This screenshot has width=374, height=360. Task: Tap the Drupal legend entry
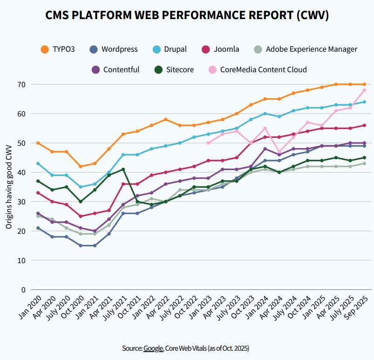[x=169, y=49]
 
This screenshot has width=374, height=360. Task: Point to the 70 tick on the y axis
[x=21, y=84]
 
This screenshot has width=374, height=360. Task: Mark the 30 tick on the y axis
[x=21, y=202]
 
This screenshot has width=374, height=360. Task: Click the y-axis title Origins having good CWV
[x=9, y=186]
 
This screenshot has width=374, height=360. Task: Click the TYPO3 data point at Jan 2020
[x=38, y=143]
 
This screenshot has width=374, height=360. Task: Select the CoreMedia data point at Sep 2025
[x=364, y=90]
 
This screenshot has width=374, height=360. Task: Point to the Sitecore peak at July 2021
[x=123, y=169]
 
